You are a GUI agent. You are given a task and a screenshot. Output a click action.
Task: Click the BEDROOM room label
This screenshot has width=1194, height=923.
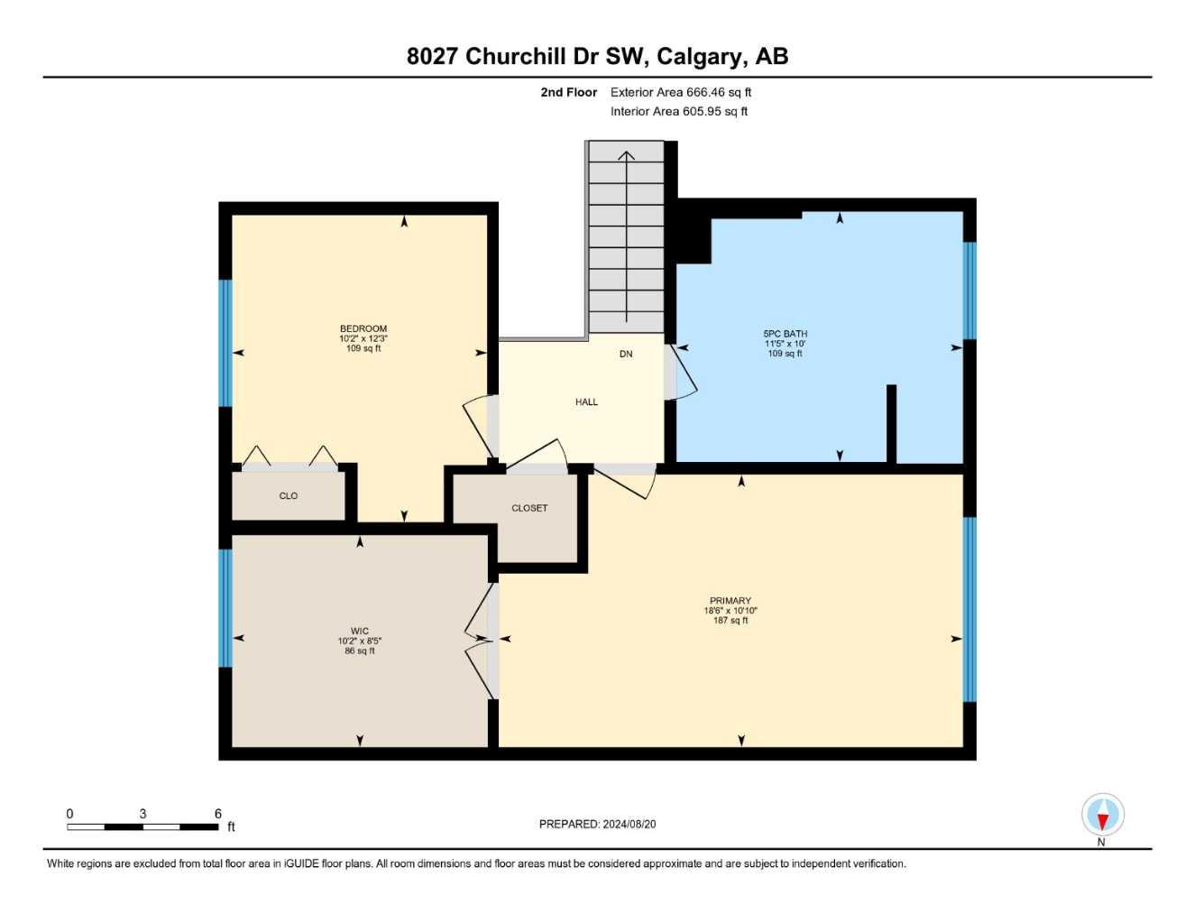click(363, 328)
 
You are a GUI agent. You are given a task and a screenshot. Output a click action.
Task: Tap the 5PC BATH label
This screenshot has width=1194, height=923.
click(785, 334)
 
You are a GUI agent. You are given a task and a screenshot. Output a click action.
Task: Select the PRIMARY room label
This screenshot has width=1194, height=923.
click(730, 601)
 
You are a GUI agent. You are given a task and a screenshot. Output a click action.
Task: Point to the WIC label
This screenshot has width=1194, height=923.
click(359, 632)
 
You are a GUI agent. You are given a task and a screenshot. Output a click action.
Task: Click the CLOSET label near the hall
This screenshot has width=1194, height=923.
click(529, 508)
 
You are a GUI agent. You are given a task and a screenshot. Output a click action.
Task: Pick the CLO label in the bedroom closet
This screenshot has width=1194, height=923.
click(288, 496)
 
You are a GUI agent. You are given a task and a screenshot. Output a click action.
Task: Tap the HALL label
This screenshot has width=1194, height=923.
click(586, 402)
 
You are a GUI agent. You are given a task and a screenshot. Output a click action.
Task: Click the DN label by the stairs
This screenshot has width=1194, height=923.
click(626, 355)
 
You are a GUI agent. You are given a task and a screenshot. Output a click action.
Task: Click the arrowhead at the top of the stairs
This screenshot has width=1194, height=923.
click(626, 155)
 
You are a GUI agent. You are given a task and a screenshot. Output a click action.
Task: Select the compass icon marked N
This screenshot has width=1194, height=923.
click(1102, 816)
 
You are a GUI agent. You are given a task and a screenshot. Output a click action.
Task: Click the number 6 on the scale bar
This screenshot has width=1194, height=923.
click(218, 814)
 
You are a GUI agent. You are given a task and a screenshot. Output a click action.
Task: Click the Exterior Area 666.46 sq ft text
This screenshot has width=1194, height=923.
click(681, 92)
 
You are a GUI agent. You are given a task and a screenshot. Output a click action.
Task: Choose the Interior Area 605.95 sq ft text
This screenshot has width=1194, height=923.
click(679, 112)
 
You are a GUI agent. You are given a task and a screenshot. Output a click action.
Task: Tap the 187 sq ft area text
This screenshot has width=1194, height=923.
click(730, 621)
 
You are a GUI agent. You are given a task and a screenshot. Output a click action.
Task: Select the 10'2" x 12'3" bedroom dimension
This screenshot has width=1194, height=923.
click(363, 338)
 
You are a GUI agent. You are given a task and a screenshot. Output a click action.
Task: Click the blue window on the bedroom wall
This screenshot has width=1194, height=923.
click(225, 343)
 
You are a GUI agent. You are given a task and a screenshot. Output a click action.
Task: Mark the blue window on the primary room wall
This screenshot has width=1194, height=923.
click(969, 609)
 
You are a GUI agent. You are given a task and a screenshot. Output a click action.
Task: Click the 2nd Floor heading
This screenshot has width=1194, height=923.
click(568, 92)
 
